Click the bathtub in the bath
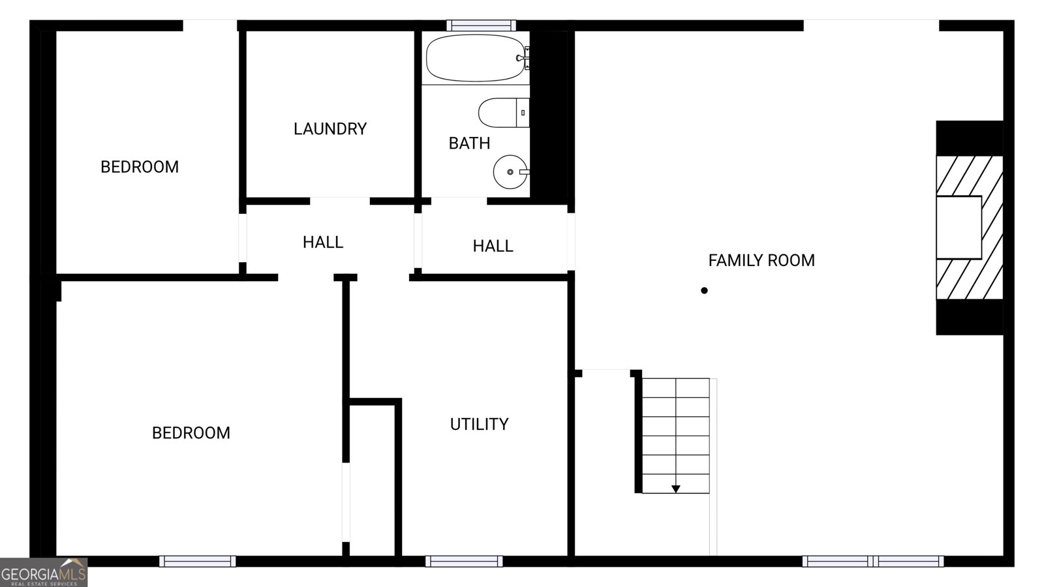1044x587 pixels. coord(475,58)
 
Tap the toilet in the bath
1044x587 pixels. coord(502,113)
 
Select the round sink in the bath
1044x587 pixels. coord(510,172)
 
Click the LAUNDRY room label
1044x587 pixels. coord(330,129)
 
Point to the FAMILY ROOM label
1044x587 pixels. coord(761,260)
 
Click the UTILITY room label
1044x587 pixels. coord(479,424)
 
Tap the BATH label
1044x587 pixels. coord(469,143)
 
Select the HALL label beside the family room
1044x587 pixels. coord(493,246)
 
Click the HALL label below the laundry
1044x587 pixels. coord(322,243)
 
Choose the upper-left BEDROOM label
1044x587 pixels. coord(139,167)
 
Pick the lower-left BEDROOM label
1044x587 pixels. coord(191,433)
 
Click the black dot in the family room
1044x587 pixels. coord(704,290)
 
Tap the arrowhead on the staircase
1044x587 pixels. coord(676,489)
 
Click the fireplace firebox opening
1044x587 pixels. coord(959,227)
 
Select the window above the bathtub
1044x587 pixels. coord(481,25)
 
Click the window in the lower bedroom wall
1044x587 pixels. coord(197,561)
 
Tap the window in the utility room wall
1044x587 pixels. coord(464,561)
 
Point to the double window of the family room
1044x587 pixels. coord(872,561)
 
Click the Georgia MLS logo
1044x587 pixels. coord(44,573)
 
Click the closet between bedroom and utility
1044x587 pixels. coord(372,479)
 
